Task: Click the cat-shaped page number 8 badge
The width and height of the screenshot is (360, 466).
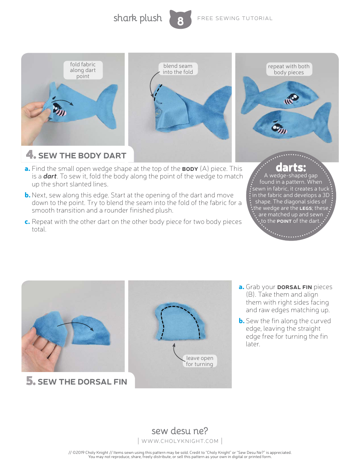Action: coord(180,19)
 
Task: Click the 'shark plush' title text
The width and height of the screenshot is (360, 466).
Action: coord(138,18)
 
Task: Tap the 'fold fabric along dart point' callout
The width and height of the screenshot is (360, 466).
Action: coord(83,70)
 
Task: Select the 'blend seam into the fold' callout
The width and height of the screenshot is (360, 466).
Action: coord(178,69)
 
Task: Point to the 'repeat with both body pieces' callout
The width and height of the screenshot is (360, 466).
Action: coord(289,69)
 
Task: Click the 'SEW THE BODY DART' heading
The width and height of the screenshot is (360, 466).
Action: coord(82,156)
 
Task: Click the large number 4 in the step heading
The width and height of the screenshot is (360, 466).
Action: coord(30,155)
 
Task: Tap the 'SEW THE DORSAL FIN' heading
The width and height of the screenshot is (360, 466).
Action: coord(82,382)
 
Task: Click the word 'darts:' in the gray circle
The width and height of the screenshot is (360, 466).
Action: coord(291,167)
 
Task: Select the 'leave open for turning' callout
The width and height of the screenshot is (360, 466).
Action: coord(199,361)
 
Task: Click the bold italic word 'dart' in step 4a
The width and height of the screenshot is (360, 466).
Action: coord(50,177)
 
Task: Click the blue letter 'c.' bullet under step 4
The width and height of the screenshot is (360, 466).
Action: coord(27,222)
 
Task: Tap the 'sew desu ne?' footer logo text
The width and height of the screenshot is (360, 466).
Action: coord(180,431)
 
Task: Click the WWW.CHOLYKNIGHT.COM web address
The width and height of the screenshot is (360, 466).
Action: coord(180,441)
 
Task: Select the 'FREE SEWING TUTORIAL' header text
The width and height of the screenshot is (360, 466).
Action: coord(235,18)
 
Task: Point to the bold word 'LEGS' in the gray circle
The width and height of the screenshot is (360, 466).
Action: coord(306,208)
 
